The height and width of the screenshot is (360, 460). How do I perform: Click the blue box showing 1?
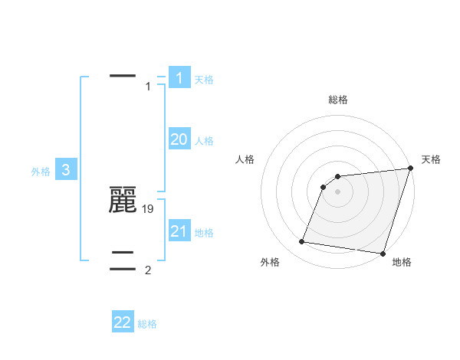(179, 77)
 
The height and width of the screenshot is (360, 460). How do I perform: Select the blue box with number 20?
(179, 139)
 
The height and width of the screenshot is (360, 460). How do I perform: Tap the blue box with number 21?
(179, 231)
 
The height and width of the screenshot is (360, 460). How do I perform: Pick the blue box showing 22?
(123, 322)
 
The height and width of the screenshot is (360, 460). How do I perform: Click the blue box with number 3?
(66, 170)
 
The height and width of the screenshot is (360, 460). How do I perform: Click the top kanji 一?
(123, 76)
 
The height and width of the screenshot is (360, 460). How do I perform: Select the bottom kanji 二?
(123, 260)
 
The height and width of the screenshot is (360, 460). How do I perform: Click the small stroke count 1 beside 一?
(148, 87)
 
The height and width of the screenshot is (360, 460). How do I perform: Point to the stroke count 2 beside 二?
(148, 270)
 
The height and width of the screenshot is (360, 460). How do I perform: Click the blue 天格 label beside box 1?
(204, 80)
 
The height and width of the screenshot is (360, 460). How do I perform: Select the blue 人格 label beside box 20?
(204, 141)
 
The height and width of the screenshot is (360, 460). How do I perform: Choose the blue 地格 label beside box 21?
(204, 233)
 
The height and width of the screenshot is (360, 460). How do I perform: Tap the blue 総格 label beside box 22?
(147, 325)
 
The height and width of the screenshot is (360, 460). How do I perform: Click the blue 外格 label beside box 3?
(41, 172)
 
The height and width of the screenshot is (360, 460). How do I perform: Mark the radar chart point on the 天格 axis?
(409, 169)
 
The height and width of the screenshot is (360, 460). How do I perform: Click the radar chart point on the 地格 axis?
(382, 253)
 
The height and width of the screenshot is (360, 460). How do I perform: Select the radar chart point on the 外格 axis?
(302, 242)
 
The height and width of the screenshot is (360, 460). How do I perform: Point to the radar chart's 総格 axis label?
(338, 100)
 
